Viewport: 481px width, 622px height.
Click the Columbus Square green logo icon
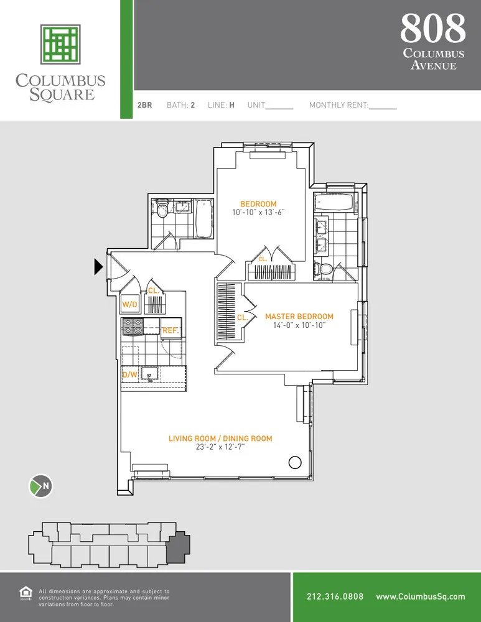point(60,44)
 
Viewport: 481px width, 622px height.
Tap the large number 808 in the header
point(432,28)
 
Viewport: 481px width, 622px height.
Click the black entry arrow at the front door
point(98,267)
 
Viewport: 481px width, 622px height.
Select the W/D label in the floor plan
point(129,305)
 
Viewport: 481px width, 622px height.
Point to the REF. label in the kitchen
point(170,331)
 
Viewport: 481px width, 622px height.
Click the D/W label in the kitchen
point(129,374)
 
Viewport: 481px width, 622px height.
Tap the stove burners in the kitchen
point(133,327)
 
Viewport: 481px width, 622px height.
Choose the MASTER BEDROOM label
point(299,316)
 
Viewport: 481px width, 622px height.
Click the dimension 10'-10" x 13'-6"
point(258,213)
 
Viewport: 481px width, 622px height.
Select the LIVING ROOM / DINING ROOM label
point(220,439)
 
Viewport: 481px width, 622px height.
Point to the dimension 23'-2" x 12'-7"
point(220,447)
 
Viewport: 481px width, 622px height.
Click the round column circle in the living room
point(295,462)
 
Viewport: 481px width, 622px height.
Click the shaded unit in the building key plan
point(179,545)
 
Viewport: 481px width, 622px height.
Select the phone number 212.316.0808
point(335,596)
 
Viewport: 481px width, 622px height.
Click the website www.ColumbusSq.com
point(420,596)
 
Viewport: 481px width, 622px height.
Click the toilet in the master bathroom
point(323,269)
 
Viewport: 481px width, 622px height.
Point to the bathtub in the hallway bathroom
point(203,218)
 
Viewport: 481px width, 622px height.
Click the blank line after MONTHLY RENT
point(383,106)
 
